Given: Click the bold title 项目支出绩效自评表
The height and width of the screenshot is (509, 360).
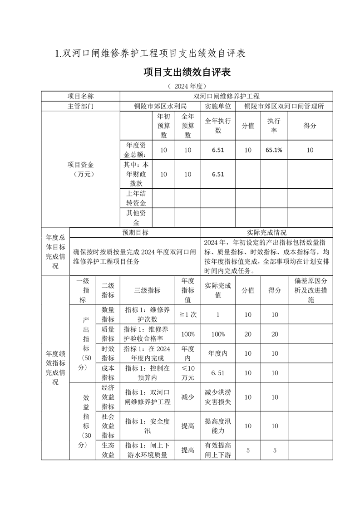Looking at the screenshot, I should tap(187, 73).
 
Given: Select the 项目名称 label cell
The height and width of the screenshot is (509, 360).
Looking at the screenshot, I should tap(80, 96).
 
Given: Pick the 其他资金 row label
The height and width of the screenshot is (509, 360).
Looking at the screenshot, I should tap(136, 218).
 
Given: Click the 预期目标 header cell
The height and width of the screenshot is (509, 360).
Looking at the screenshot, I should tap(135, 232).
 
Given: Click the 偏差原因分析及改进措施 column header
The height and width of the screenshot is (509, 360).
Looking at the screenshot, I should tap(311, 290).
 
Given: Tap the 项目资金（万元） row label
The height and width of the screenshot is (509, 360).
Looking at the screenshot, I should tap(80, 169).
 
